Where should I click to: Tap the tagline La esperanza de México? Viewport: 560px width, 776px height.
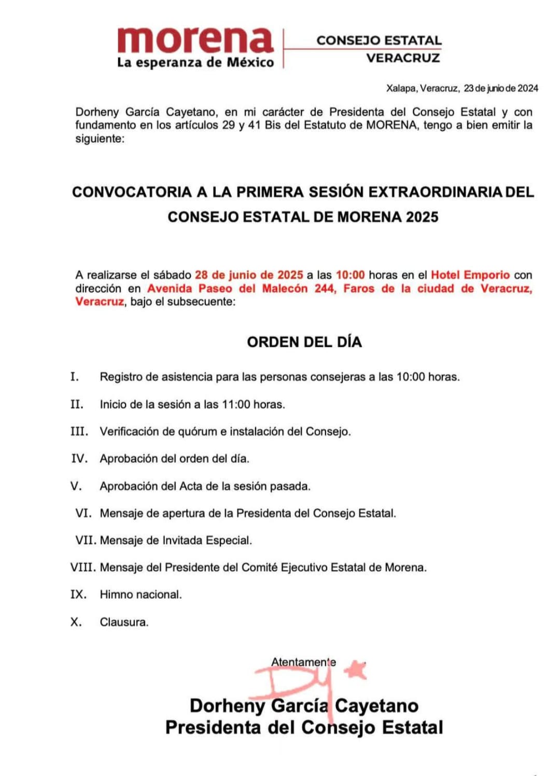click(x=195, y=63)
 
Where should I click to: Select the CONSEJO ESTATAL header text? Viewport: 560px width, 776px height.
click(x=379, y=40)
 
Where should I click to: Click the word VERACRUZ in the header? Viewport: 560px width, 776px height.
click(x=403, y=58)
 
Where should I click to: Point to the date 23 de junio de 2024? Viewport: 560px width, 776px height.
click(x=501, y=88)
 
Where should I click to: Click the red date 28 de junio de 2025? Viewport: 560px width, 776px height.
click(x=249, y=275)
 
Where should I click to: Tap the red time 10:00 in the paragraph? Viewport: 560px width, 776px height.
click(x=351, y=275)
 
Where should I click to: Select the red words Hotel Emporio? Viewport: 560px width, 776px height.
click(x=470, y=275)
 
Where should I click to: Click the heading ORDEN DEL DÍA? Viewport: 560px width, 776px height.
click(x=304, y=342)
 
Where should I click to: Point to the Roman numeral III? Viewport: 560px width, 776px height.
click(x=79, y=431)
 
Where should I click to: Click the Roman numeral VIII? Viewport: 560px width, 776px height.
click(x=83, y=567)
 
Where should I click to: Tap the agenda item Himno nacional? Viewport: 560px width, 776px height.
click(x=141, y=595)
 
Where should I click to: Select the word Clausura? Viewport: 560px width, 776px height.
click(x=124, y=622)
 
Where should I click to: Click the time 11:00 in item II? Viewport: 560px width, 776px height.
click(x=236, y=404)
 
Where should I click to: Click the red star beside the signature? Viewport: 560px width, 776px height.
click(x=356, y=670)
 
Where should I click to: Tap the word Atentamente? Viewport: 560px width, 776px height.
click(x=303, y=662)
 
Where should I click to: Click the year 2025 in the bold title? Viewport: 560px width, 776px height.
click(x=422, y=217)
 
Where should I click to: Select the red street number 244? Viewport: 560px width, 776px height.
click(x=325, y=288)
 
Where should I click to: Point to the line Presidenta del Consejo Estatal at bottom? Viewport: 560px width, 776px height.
click(x=304, y=727)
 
